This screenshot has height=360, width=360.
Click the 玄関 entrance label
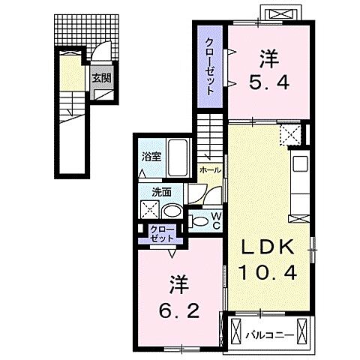(101, 77)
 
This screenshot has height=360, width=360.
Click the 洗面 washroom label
(152, 191)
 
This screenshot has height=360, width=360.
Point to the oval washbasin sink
(171, 211)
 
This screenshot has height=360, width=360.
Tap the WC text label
(214, 221)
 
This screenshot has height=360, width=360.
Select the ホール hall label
(210, 171)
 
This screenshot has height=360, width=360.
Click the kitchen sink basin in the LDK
(300, 163)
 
